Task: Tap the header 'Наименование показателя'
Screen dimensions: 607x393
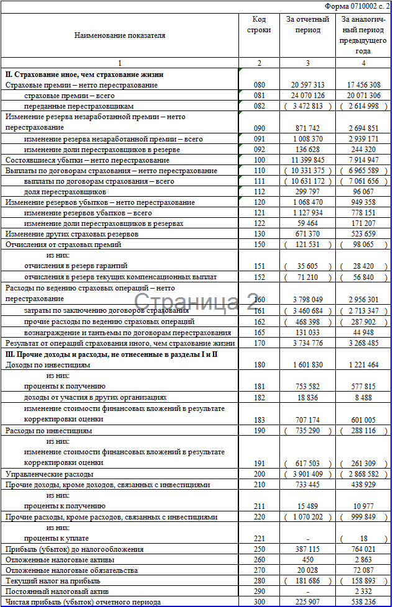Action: tap(120, 35)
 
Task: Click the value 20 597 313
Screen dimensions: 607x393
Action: tap(307, 85)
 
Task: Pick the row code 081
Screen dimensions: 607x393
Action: tap(259, 96)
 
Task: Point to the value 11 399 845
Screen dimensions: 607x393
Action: tap(307, 160)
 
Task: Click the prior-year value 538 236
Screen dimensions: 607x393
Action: tap(363, 602)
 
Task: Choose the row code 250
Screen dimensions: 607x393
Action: tap(259, 549)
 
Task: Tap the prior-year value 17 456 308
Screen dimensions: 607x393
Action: tap(363, 85)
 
